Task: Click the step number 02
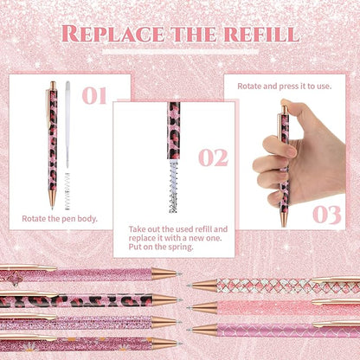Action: coord(212,157)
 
